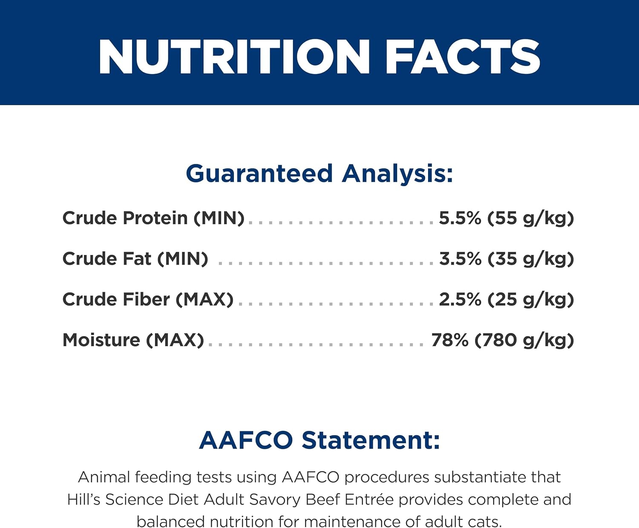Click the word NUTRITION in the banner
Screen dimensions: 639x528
(x=234, y=57)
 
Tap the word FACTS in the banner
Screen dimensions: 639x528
(x=463, y=57)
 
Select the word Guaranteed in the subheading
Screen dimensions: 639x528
(x=259, y=173)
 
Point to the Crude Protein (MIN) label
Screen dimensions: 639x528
(x=153, y=218)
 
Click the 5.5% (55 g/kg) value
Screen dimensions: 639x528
(x=507, y=218)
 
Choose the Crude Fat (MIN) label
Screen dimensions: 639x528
(x=135, y=259)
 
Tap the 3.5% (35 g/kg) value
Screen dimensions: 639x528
(x=507, y=259)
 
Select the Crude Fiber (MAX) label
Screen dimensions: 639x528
(x=148, y=299)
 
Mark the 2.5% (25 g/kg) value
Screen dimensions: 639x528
(x=507, y=299)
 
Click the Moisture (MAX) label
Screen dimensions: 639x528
(x=133, y=340)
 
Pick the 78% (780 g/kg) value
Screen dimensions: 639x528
(x=503, y=340)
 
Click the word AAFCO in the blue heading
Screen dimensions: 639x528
(x=246, y=440)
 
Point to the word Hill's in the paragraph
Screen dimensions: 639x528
(x=83, y=499)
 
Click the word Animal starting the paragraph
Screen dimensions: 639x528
(x=104, y=477)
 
